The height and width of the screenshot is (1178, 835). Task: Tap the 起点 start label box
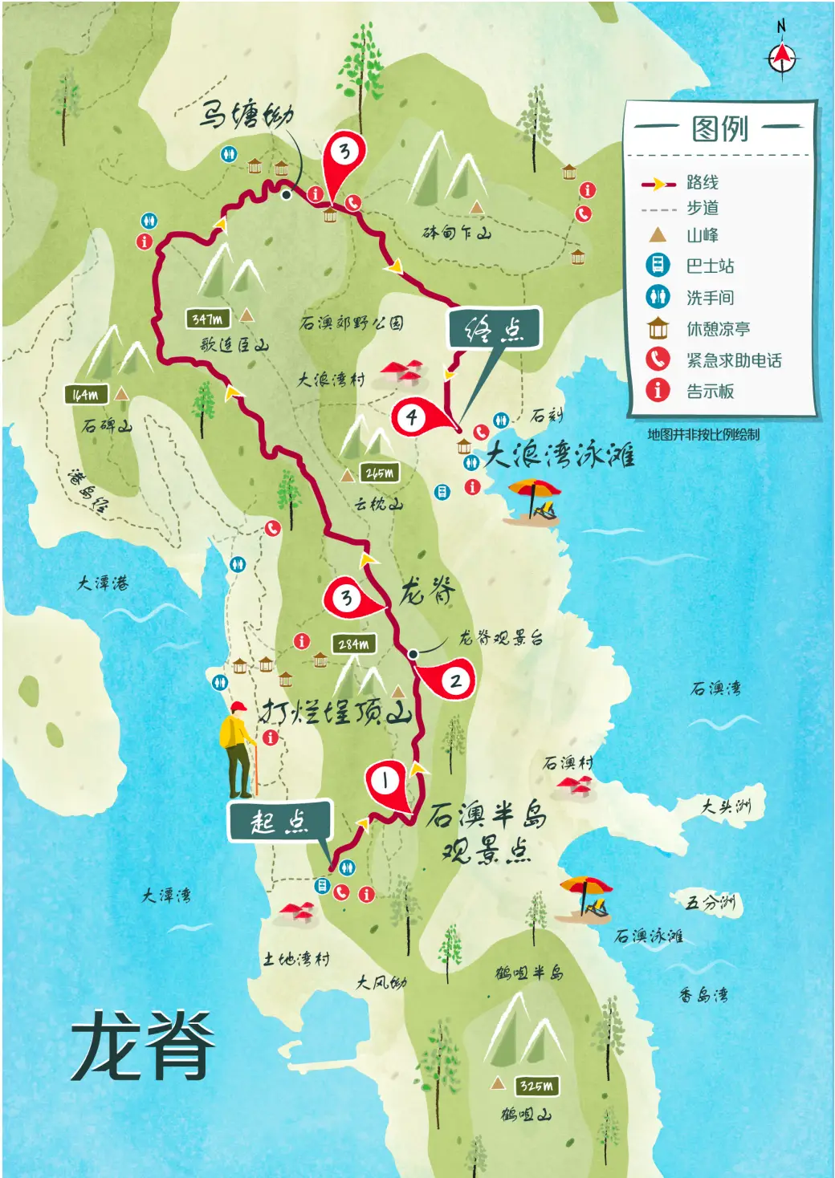(x=279, y=821)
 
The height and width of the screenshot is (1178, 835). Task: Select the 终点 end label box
(x=495, y=328)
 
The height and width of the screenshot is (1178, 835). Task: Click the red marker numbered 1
(x=385, y=780)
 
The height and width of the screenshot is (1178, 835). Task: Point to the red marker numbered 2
(x=454, y=681)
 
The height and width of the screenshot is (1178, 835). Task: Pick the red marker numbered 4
(x=412, y=417)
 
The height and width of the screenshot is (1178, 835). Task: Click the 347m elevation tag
(x=207, y=319)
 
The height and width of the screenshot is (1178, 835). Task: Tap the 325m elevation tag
(x=536, y=1086)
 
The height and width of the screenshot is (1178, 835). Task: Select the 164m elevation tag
(x=86, y=395)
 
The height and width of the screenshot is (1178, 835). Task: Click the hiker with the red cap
(x=237, y=748)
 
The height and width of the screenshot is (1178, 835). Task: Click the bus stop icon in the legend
(x=658, y=265)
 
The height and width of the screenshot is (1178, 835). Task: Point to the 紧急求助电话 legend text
(x=733, y=360)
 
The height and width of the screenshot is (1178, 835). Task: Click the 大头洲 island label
(x=726, y=806)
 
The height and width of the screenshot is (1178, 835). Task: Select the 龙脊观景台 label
(x=501, y=638)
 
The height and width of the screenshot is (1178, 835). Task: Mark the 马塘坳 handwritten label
(x=246, y=115)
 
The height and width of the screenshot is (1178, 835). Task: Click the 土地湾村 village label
(x=296, y=958)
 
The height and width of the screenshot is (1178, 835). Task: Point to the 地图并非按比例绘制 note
(x=703, y=435)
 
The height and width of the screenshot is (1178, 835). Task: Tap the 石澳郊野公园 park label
(x=351, y=323)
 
